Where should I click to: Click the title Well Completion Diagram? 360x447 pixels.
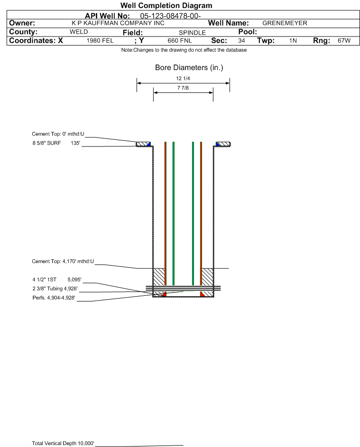click(166, 5)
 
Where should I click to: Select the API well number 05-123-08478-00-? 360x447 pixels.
click(170, 16)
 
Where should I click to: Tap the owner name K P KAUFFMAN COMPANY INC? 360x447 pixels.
click(118, 23)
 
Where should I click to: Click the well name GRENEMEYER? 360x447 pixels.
click(285, 23)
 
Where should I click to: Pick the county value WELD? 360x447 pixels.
click(79, 32)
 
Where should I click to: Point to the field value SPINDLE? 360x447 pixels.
click(192, 33)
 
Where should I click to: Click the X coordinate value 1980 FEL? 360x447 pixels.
click(100, 41)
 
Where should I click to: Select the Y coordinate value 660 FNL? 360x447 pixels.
click(180, 41)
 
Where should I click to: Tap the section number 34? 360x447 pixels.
click(241, 41)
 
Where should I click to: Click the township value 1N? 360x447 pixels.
click(293, 41)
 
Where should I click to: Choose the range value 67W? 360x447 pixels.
click(344, 41)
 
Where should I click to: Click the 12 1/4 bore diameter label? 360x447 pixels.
click(183, 78)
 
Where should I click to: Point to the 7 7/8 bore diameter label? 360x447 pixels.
click(183, 88)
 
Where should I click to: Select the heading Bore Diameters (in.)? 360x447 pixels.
click(189, 68)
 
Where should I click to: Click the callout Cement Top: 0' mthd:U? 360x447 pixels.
click(58, 134)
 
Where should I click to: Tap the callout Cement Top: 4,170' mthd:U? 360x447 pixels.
click(63, 261)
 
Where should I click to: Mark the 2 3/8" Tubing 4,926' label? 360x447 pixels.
click(55, 289)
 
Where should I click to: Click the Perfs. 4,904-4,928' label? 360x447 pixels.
click(54, 298)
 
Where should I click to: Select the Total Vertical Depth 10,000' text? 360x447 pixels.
click(63, 443)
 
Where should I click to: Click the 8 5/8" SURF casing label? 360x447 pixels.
click(46, 143)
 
